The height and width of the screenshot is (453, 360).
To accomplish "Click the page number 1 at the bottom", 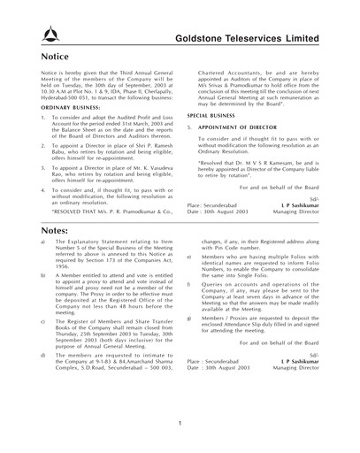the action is click(x=180, y=423).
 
